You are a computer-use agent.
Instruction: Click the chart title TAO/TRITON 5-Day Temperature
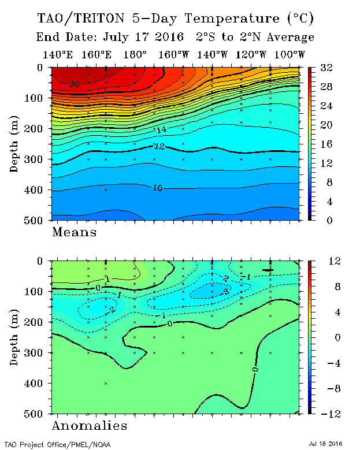pyautogui.click(x=176, y=18)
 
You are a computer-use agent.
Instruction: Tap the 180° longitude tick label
pyautogui.click(x=135, y=55)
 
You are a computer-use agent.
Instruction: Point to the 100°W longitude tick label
pyautogui.click(x=289, y=55)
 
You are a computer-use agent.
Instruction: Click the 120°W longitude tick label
pyautogui.click(x=251, y=55)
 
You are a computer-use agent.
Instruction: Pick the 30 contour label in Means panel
pyautogui.click(x=73, y=84)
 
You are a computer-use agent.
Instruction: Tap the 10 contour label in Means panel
pyautogui.click(x=157, y=188)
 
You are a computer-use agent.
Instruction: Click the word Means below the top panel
pyautogui.click(x=75, y=233)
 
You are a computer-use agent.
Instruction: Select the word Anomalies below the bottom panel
pyautogui.click(x=90, y=426)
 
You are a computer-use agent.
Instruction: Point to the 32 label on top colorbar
pyautogui.click(x=326, y=68)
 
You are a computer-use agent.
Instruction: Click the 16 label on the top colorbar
pyautogui.click(x=326, y=144)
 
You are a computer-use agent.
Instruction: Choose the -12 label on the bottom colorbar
pyautogui.click(x=328, y=414)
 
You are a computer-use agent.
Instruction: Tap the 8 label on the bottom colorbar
pyautogui.click(x=325, y=287)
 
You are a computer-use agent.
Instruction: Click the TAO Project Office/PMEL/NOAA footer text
pyautogui.click(x=57, y=445)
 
